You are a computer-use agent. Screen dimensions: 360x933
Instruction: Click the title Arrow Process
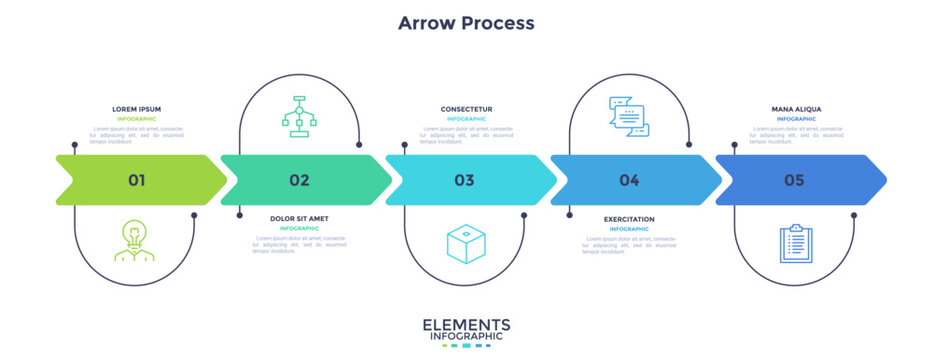coord(466,22)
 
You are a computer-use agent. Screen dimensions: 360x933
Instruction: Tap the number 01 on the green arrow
coord(136,180)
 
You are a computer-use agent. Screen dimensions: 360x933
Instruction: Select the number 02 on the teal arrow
coord(299,180)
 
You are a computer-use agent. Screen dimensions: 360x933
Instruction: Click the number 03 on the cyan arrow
coord(464,180)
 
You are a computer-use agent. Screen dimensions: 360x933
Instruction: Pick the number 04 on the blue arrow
coord(629,180)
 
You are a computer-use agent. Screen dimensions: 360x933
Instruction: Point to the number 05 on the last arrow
coord(794,180)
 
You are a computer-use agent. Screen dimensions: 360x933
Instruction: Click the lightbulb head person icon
coord(134,240)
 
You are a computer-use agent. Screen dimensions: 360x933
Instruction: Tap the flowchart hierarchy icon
coord(299,115)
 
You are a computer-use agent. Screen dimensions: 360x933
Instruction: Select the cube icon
coord(464,244)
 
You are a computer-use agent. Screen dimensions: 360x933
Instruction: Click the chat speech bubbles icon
coord(629,115)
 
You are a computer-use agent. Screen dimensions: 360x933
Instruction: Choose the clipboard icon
coord(795,244)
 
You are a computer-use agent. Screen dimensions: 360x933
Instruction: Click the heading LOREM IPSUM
coord(136,109)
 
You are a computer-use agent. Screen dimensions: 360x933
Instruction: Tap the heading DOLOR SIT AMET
coord(299,218)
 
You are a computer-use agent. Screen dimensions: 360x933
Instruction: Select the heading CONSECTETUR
coord(466,109)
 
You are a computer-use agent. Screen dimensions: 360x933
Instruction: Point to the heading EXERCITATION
coord(629,218)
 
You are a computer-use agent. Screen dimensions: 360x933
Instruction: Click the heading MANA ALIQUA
coord(796,109)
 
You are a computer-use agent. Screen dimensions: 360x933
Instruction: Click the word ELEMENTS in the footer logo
coord(466,324)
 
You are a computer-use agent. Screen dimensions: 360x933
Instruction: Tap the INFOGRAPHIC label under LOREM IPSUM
coord(136,119)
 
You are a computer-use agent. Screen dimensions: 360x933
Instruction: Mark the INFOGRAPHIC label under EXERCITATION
coord(629,228)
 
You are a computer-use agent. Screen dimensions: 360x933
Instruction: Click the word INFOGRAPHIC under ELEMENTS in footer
coord(466,337)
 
